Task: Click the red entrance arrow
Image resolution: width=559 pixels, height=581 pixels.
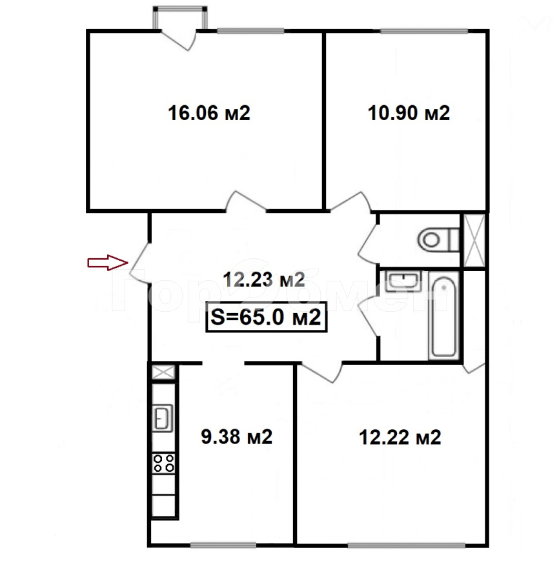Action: pos(108,263)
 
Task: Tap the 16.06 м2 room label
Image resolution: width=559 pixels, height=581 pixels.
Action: pos(209,113)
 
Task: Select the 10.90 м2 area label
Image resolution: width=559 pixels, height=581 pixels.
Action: pos(409,113)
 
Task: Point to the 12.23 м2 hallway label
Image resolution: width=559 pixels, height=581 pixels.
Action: pos(264,280)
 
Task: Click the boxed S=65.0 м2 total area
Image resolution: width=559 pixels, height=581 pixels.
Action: pos(267,317)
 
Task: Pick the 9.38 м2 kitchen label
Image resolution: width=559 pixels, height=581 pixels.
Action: pos(237,437)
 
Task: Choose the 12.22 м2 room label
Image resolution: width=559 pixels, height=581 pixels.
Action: pos(400,437)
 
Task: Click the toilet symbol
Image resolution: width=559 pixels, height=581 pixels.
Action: pos(438,240)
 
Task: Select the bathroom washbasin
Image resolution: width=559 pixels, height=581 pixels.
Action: pos(403,281)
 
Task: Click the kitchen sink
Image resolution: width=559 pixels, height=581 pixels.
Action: pos(163,418)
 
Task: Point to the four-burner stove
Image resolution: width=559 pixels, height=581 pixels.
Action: pos(164,463)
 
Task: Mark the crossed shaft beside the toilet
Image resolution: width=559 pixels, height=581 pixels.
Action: pos(474,241)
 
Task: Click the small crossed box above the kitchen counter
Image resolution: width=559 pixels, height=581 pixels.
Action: pos(163,372)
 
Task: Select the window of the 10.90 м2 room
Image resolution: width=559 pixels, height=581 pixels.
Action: pos(424,31)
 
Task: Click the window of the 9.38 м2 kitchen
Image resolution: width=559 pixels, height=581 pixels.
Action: pos(223,545)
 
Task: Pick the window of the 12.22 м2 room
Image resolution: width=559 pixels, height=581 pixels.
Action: pos(407,545)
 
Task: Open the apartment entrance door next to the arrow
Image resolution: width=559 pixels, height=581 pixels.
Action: pos(140,263)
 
